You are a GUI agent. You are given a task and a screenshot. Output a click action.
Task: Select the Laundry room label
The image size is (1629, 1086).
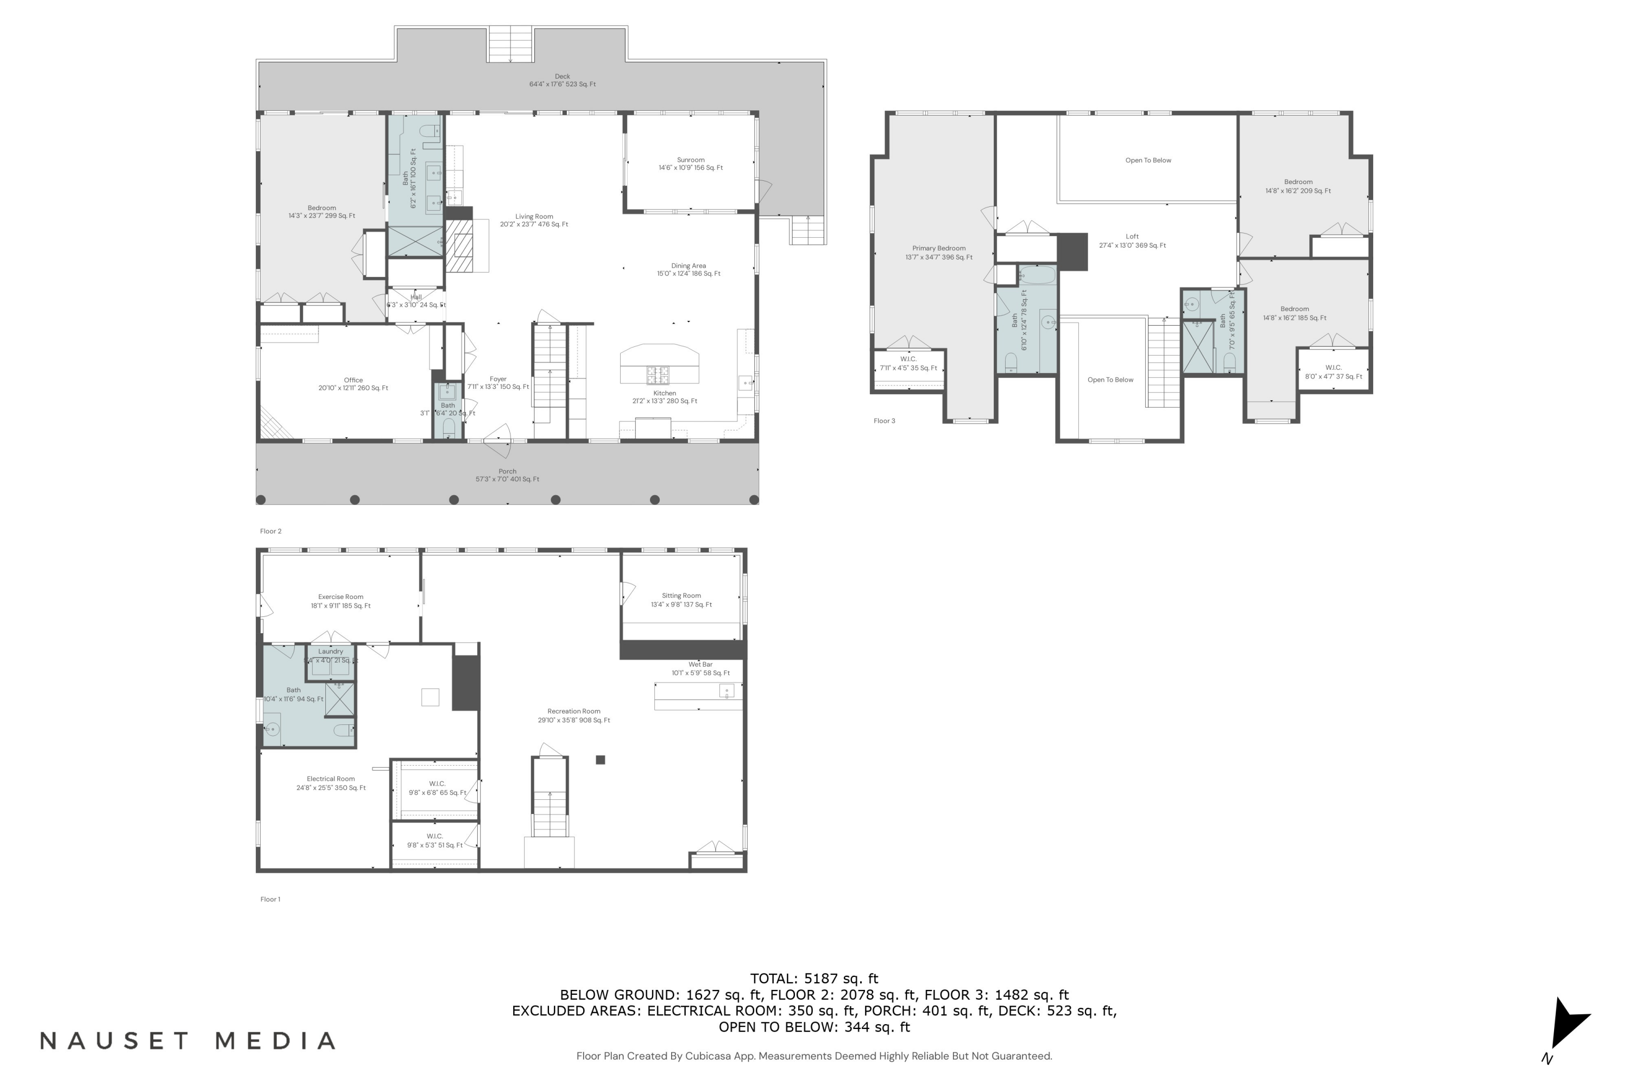[x=330, y=652]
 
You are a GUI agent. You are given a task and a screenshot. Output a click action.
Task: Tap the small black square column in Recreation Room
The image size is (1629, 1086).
[x=601, y=760]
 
